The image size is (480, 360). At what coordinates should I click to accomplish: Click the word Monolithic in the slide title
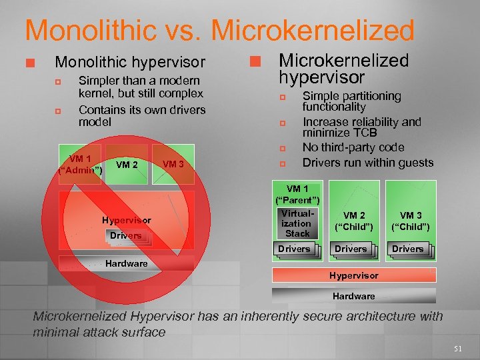pos(86,31)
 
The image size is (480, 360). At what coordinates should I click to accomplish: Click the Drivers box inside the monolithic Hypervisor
pos(125,235)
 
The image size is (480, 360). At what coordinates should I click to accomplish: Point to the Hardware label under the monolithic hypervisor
pos(127,263)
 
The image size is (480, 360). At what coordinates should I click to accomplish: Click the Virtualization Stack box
pos(297,223)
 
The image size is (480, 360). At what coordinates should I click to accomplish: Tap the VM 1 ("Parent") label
pos(297,194)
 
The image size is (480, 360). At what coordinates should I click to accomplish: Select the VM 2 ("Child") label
pos(354,221)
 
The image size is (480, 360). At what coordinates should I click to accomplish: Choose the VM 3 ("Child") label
pos(411,221)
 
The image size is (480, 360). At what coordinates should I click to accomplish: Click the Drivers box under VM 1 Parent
pos(294,249)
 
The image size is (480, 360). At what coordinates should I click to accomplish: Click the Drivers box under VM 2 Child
pos(351,249)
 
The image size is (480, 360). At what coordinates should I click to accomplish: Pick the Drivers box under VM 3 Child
pos(407,249)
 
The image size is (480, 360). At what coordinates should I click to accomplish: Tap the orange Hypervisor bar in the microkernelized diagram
pos(354,275)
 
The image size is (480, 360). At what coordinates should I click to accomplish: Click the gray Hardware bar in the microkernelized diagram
pos(354,295)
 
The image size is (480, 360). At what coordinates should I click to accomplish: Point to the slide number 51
pos(457,347)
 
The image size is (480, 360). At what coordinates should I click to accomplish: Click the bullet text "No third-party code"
pos(353,147)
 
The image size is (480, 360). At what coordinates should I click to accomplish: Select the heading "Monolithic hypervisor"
pos(130,63)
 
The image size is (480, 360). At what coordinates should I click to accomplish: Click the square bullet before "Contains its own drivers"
pos(58,111)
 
